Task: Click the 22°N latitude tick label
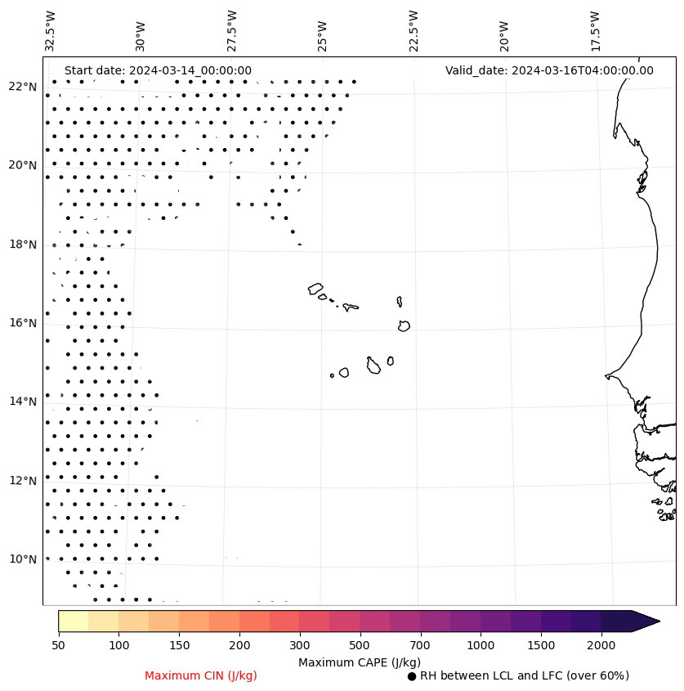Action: click(x=22, y=87)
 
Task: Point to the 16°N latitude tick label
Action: click(x=22, y=323)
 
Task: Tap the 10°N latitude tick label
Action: click(x=22, y=559)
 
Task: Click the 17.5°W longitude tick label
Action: click(x=595, y=31)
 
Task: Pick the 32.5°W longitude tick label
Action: click(x=51, y=31)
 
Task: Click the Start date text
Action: click(x=158, y=70)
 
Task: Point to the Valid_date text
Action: click(x=549, y=70)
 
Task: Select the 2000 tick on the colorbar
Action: click(x=601, y=646)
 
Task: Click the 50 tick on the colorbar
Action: click(x=58, y=646)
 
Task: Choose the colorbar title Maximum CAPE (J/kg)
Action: click(x=359, y=662)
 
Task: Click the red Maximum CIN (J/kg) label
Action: click(x=201, y=675)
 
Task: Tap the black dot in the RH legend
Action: click(x=412, y=676)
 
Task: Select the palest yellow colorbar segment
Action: click(x=73, y=621)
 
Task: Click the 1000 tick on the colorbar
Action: click(x=481, y=646)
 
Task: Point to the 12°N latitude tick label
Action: click(x=22, y=481)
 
